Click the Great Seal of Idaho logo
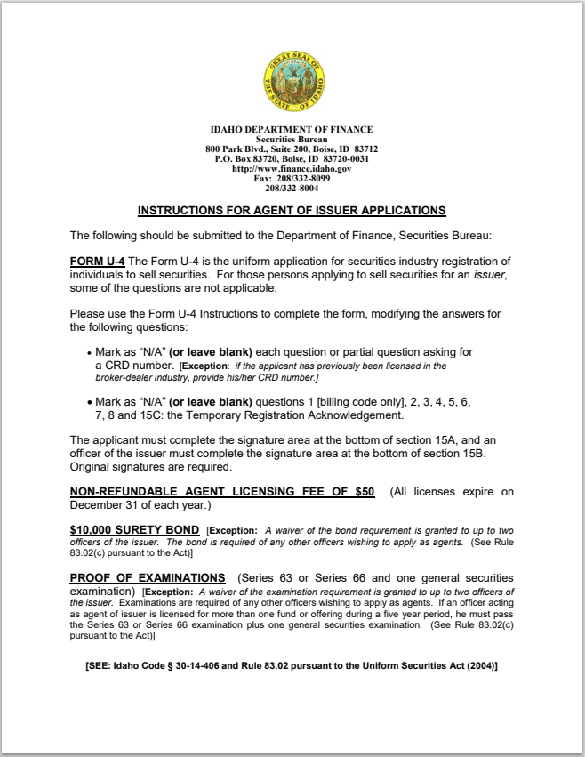292,84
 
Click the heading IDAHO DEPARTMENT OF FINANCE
292,130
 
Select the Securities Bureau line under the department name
292,140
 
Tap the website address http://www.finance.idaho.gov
292,169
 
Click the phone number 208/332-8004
292,189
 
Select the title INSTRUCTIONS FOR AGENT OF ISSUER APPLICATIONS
292,211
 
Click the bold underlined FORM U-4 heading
97,261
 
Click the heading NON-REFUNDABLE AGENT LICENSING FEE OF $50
222,492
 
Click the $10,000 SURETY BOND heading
134,530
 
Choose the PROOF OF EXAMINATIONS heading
148,578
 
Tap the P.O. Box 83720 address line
292,159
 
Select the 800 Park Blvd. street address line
292,149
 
